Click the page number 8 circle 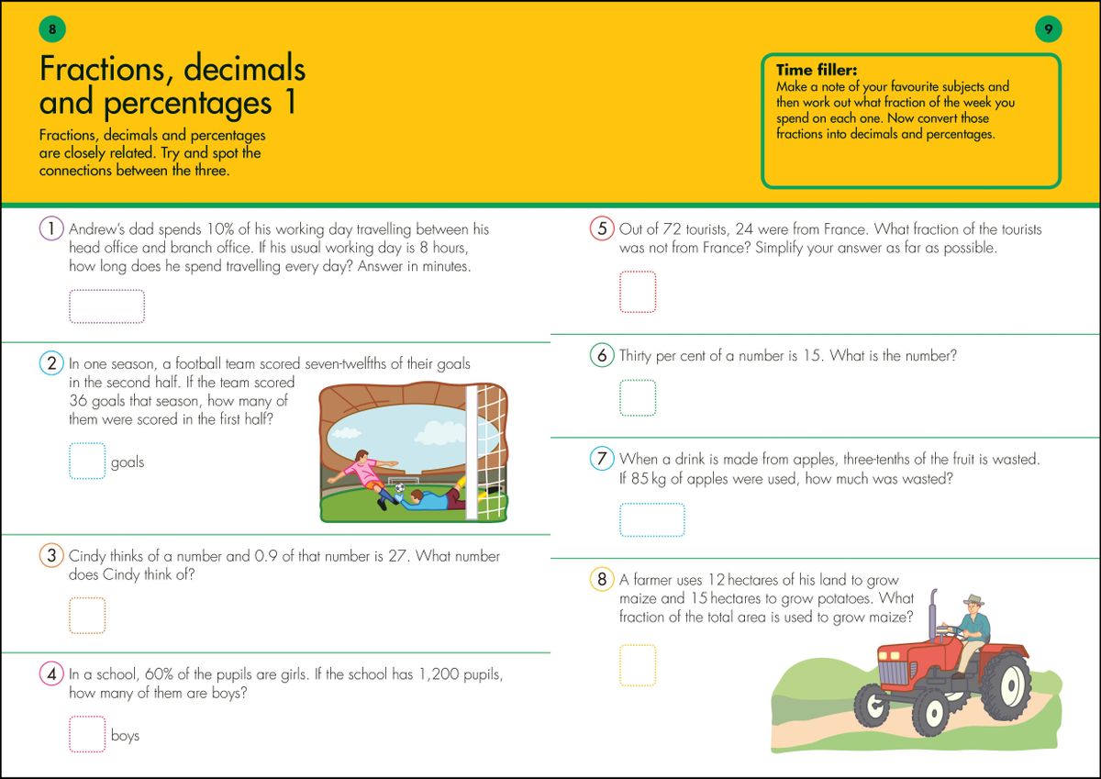(x=52, y=29)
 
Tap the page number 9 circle (x=1048, y=29)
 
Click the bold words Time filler (x=816, y=70)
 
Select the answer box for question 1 (x=106, y=306)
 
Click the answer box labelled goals (x=87, y=462)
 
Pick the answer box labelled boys (x=87, y=734)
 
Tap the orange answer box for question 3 (x=87, y=615)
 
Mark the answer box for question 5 (x=638, y=291)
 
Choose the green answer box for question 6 (x=638, y=397)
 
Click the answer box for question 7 (x=651, y=519)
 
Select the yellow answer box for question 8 (x=638, y=665)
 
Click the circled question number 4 (x=51, y=674)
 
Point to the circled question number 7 (x=601, y=458)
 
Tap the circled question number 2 (x=51, y=363)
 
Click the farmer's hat (x=973, y=599)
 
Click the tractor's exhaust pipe (x=934, y=615)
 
